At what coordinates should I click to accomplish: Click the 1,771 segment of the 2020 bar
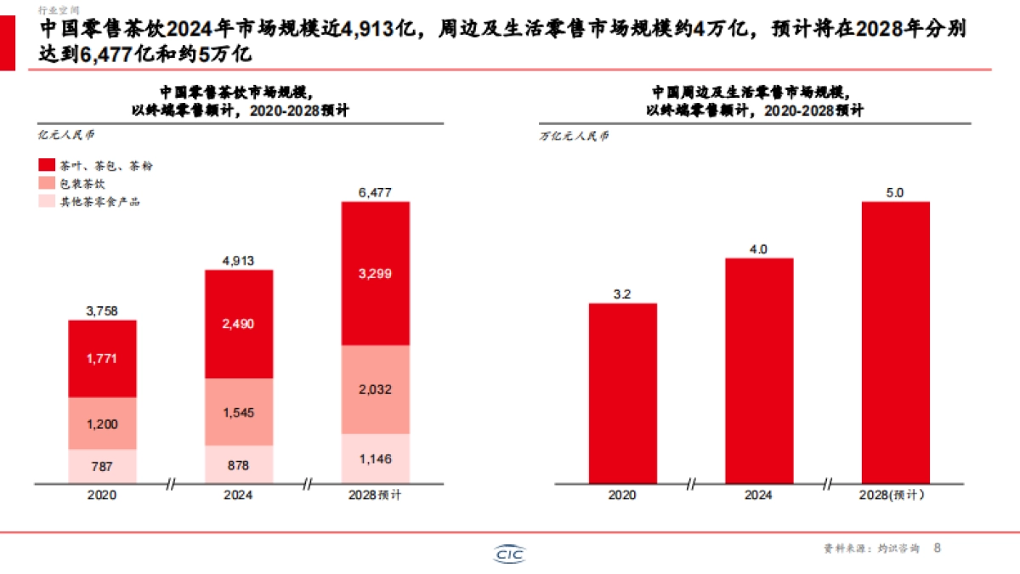[x=103, y=359]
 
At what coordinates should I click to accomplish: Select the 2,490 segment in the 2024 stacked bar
[x=239, y=324]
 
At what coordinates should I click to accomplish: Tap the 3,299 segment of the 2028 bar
[x=375, y=273]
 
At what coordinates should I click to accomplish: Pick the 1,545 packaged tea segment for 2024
[x=239, y=412]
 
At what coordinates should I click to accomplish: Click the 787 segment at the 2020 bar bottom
[x=103, y=465]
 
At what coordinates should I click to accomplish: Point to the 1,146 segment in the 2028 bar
[x=375, y=458]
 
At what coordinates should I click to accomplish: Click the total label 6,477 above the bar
[x=375, y=193]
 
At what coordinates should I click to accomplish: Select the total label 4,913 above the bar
[x=239, y=261]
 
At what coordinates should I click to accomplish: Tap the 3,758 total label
[x=103, y=311]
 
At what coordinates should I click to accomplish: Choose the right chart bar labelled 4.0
[x=758, y=370]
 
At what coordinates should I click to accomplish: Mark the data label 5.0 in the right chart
[x=895, y=193]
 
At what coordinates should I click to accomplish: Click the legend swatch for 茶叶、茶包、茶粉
[x=46, y=165]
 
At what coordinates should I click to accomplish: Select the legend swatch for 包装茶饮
[x=46, y=183]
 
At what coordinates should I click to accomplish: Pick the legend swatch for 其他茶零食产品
[x=46, y=202]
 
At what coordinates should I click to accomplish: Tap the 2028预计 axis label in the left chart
[x=375, y=494]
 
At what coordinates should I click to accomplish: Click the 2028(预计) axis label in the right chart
[x=895, y=494]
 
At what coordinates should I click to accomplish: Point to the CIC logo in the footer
[x=510, y=554]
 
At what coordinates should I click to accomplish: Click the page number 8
[x=938, y=548]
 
